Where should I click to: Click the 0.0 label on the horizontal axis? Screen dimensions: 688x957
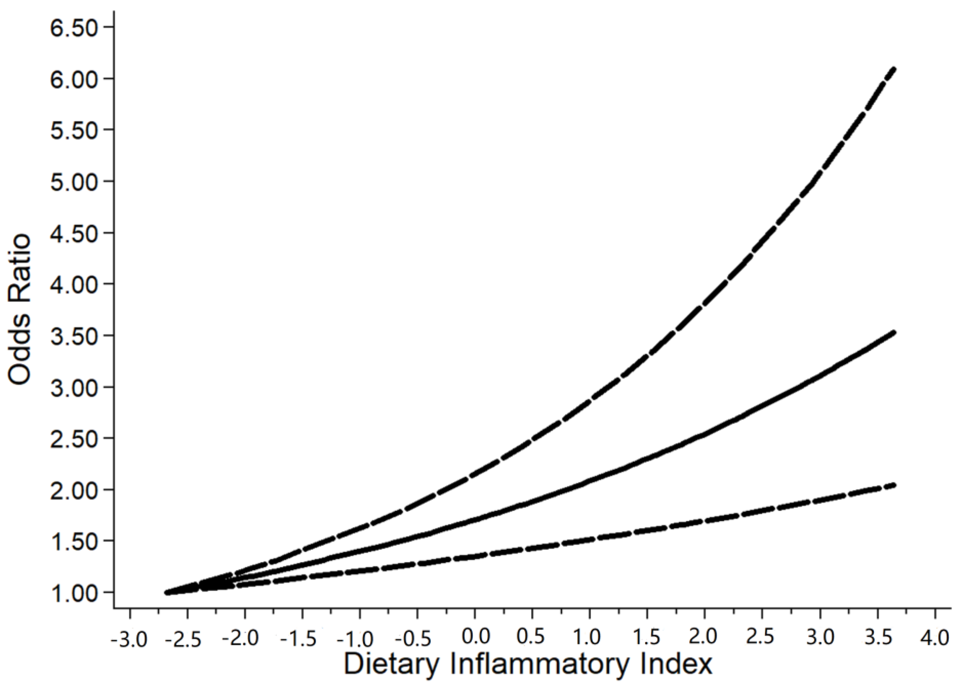476,636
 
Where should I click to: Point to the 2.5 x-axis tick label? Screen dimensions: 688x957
762,637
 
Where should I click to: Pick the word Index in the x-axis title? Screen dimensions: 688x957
678,664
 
